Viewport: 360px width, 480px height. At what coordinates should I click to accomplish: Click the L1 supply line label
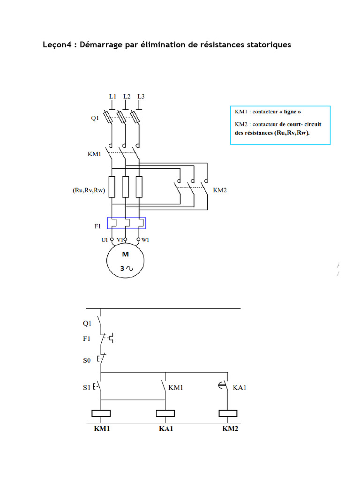[112, 96]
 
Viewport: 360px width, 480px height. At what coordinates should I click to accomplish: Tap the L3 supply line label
[141, 96]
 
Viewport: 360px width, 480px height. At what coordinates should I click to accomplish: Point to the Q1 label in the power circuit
[95, 119]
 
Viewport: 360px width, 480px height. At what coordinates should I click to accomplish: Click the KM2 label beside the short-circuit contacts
[220, 191]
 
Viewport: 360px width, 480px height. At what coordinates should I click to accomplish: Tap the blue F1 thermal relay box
[127, 223]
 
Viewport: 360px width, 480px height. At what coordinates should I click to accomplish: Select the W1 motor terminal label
[146, 240]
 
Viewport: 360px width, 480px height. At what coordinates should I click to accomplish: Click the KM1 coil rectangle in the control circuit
[101, 413]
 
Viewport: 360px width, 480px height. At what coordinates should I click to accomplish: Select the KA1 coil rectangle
[165, 413]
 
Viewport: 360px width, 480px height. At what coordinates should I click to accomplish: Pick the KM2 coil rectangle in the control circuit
[228, 413]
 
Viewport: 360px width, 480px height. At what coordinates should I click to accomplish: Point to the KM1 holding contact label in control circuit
[176, 388]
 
